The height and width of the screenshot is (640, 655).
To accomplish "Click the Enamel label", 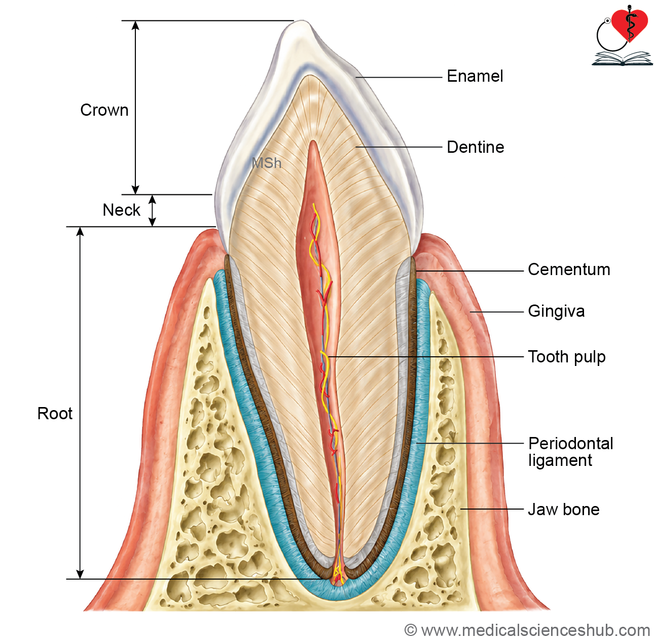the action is tap(475, 76).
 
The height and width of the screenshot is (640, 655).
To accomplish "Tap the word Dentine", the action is tap(475, 147).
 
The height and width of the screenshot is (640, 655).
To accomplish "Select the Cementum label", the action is tap(569, 270).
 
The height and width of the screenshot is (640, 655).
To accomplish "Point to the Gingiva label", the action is tap(556, 312).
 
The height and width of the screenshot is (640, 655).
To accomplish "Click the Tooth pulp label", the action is tap(567, 357).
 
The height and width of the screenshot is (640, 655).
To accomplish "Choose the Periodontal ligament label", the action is tap(570, 452).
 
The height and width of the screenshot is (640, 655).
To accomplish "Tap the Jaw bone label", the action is tap(564, 509).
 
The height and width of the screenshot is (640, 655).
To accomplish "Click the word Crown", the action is tap(104, 110).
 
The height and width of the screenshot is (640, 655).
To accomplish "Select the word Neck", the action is tap(121, 210).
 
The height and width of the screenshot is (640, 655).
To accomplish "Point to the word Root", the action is tap(55, 414).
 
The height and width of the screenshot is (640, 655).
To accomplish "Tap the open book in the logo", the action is tap(623, 58).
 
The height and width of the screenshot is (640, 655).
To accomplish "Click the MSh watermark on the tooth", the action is tap(267, 163).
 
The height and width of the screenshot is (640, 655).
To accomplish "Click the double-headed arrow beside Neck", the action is tap(152, 211).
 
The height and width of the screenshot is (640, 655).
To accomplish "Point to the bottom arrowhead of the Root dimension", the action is tap(80, 574).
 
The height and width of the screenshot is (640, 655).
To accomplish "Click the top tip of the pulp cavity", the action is tap(313, 141).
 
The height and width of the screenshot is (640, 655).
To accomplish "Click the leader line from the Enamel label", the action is tap(399, 77).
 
